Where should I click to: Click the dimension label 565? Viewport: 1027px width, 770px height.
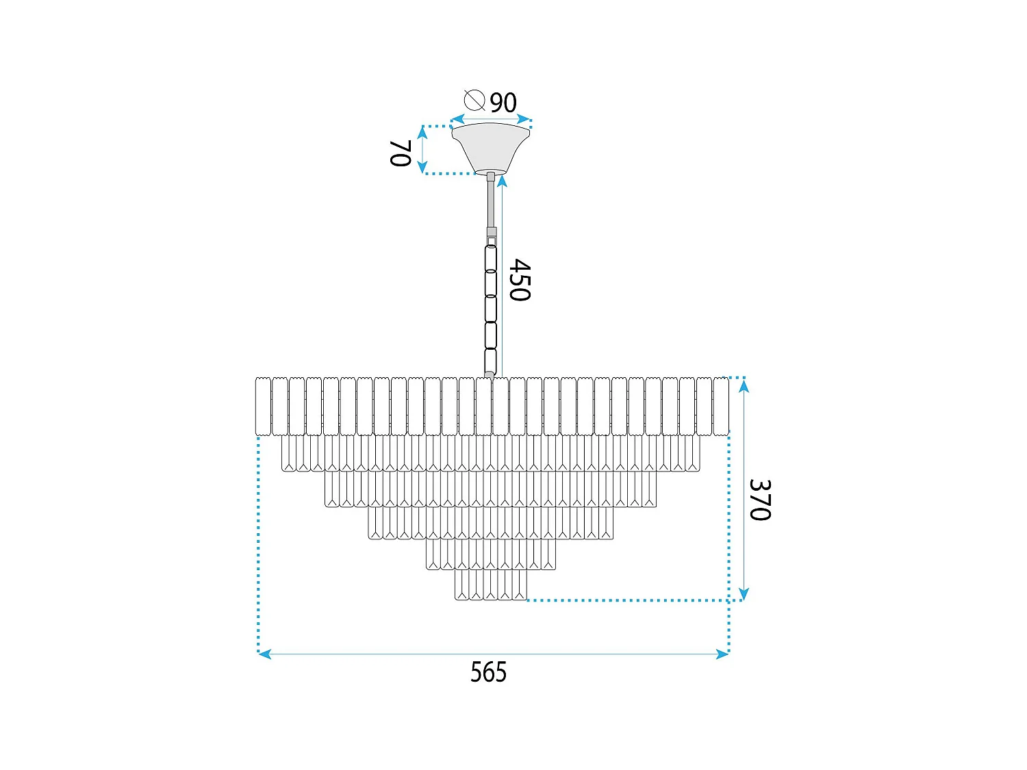pos(488,672)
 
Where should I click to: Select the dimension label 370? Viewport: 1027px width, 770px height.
pos(760,500)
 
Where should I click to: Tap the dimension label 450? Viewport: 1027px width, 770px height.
pos(520,280)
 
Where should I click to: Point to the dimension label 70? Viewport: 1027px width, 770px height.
pos(400,153)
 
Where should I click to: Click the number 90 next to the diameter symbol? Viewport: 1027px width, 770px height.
pos(503,103)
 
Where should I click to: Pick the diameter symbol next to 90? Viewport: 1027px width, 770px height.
pos(474,100)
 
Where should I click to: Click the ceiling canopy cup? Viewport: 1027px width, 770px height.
pos(490,147)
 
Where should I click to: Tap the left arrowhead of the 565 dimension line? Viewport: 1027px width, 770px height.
pos(264,654)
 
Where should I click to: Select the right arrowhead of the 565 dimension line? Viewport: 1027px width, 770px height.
pos(723,654)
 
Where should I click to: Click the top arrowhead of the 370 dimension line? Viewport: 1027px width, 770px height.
pos(744,385)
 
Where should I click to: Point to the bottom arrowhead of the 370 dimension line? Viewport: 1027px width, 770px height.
pos(744,593)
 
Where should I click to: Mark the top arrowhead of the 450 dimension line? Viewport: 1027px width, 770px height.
pos(502,181)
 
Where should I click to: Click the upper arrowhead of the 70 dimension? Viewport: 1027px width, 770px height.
pos(422,133)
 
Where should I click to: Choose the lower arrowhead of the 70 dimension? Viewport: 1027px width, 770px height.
pos(422,167)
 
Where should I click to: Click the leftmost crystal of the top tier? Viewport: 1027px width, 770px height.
pos(262,406)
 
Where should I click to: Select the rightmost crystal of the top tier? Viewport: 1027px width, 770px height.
pos(720,406)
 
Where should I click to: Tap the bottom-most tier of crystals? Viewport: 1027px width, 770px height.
pos(491,585)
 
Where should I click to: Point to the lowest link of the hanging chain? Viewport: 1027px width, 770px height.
pos(490,361)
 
